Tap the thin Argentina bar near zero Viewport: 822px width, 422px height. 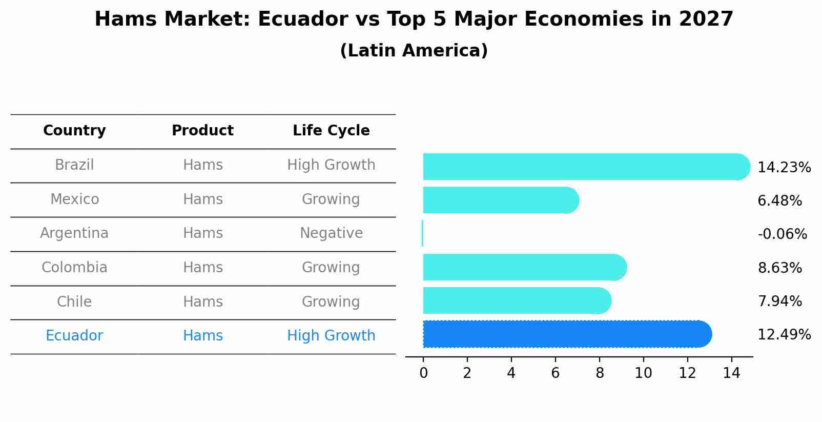pyautogui.click(x=422, y=234)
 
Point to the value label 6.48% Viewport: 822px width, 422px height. pyautogui.click(x=779, y=201)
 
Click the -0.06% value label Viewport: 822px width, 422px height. pyautogui.click(x=782, y=234)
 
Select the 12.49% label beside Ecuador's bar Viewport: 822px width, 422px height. pyautogui.click(x=784, y=335)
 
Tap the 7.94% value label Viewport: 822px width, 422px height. pyautogui.click(x=779, y=302)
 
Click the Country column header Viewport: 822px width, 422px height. pyautogui.click(x=74, y=131)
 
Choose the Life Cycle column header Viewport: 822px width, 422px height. pyautogui.click(x=331, y=131)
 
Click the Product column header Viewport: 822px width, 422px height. pyautogui.click(x=202, y=131)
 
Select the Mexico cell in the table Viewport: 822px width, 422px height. pyautogui.click(x=74, y=199)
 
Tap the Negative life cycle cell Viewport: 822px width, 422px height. pyautogui.click(x=331, y=233)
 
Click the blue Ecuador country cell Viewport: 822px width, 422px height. pyautogui.click(x=74, y=336)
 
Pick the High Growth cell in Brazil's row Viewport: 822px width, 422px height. pyautogui.click(x=331, y=165)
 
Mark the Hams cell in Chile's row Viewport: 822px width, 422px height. pyautogui.click(x=202, y=302)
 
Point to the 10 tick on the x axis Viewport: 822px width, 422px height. pyautogui.click(x=643, y=373)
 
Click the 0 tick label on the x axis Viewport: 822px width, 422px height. pyautogui.click(x=423, y=373)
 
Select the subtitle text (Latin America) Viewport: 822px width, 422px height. pyautogui.click(x=414, y=51)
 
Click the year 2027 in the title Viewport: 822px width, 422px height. pyautogui.click(x=706, y=19)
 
